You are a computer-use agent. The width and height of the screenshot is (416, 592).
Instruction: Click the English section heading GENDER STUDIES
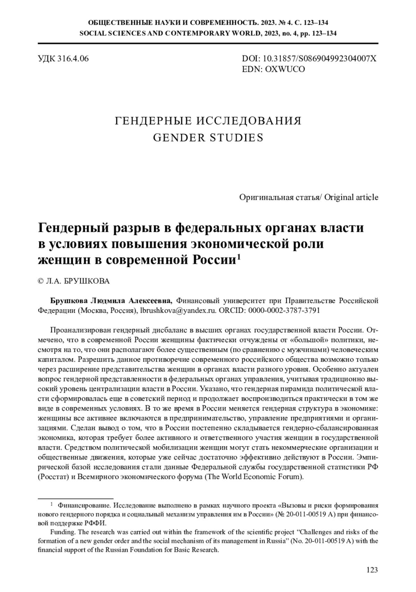[x=208, y=138]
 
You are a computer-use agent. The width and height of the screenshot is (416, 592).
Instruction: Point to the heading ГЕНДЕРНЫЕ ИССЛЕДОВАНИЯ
[x=208, y=121]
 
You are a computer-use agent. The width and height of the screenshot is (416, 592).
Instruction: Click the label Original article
[x=352, y=197]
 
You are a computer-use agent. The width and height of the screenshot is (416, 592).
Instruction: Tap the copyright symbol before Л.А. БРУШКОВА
[x=40, y=281]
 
